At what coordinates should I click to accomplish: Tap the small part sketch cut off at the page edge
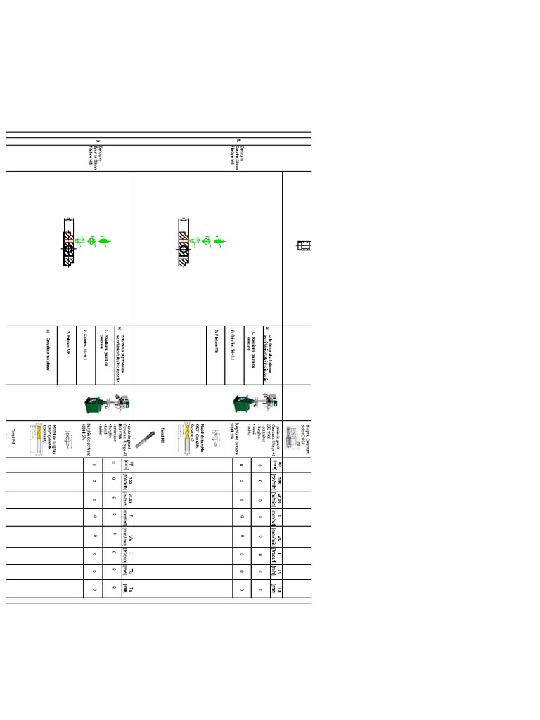click(305, 246)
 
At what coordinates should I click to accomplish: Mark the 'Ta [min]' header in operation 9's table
click(127, 589)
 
